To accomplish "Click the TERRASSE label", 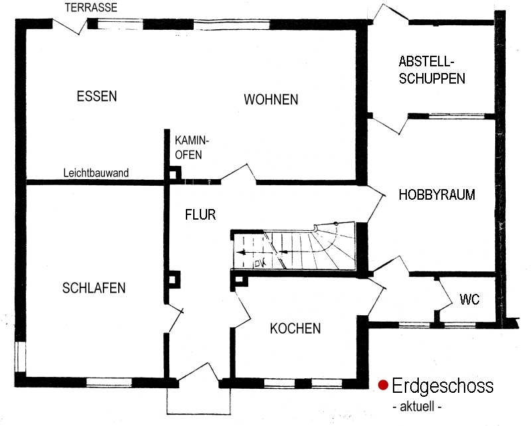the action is [x=91, y=7].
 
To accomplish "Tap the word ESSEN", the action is [x=97, y=96].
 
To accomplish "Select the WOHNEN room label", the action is [x=271, y=100].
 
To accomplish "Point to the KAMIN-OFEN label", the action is [x=192, y=147].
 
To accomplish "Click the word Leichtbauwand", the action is [x=96, y=173].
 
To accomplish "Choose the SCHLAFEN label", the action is [x=94, y=288].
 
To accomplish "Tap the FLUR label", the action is [x=200, y=214].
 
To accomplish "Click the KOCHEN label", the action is [x=295, y=328].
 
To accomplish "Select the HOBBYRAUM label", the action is [x=437, y=194].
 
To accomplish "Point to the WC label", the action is [x=469, y=299].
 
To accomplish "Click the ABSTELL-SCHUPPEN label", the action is [x=432, y=70].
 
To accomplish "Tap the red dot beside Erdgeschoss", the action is [x=383, y=385].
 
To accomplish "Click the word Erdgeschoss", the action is [x=443, y=386].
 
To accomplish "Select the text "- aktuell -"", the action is [x=417, y=406].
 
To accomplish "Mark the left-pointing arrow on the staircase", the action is [x=246, y=252].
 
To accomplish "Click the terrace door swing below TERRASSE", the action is [x=70, y=26].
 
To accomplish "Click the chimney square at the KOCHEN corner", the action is [x=239, y=280].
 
